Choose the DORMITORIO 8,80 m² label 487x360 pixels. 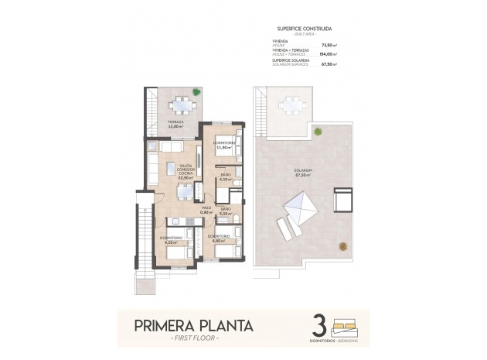(x=219, y=238)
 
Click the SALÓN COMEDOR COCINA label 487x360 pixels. (x=186, y=171)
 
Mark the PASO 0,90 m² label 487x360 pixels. (x=206, y=210)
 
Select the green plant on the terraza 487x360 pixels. (x=196, y=94)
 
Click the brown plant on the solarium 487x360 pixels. (x=341, y=247)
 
